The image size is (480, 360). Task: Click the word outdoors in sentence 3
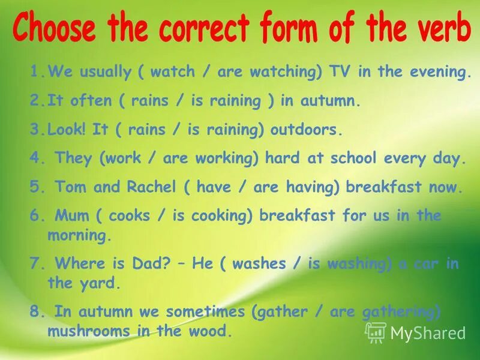(305, 129)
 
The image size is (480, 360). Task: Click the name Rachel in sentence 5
(152, 187)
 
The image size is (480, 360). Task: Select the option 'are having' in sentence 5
(297, 187)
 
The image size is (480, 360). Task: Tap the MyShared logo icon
(376, 332)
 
